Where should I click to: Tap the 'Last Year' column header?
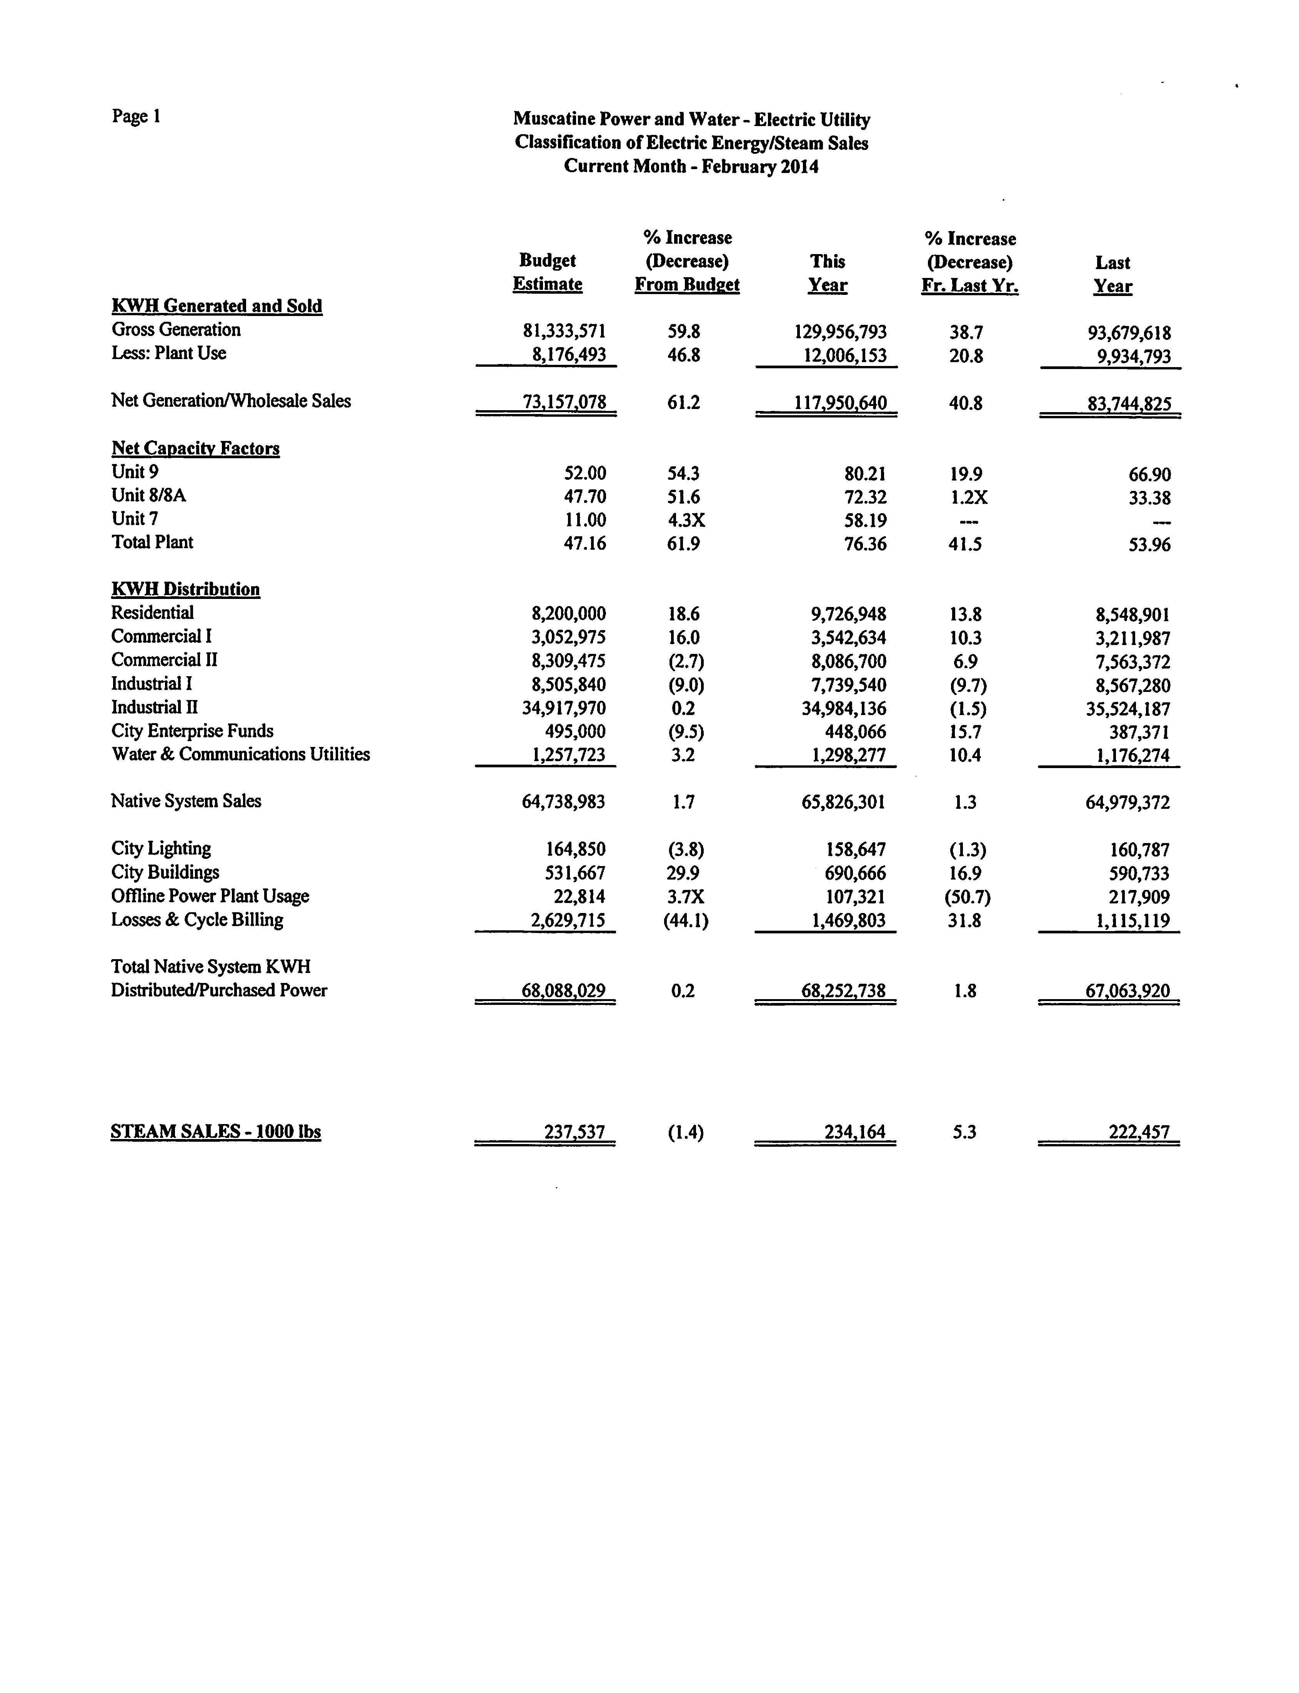pos(1112,274)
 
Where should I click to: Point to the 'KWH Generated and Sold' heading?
pos(216,306)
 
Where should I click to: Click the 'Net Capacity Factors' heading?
pos(196,448)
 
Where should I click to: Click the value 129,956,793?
pos(841,333)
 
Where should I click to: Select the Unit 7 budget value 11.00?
pos(585,520)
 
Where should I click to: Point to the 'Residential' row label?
pos(152,613)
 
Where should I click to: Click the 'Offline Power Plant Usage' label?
pos(210,896)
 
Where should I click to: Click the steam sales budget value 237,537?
pos(575,1133)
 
